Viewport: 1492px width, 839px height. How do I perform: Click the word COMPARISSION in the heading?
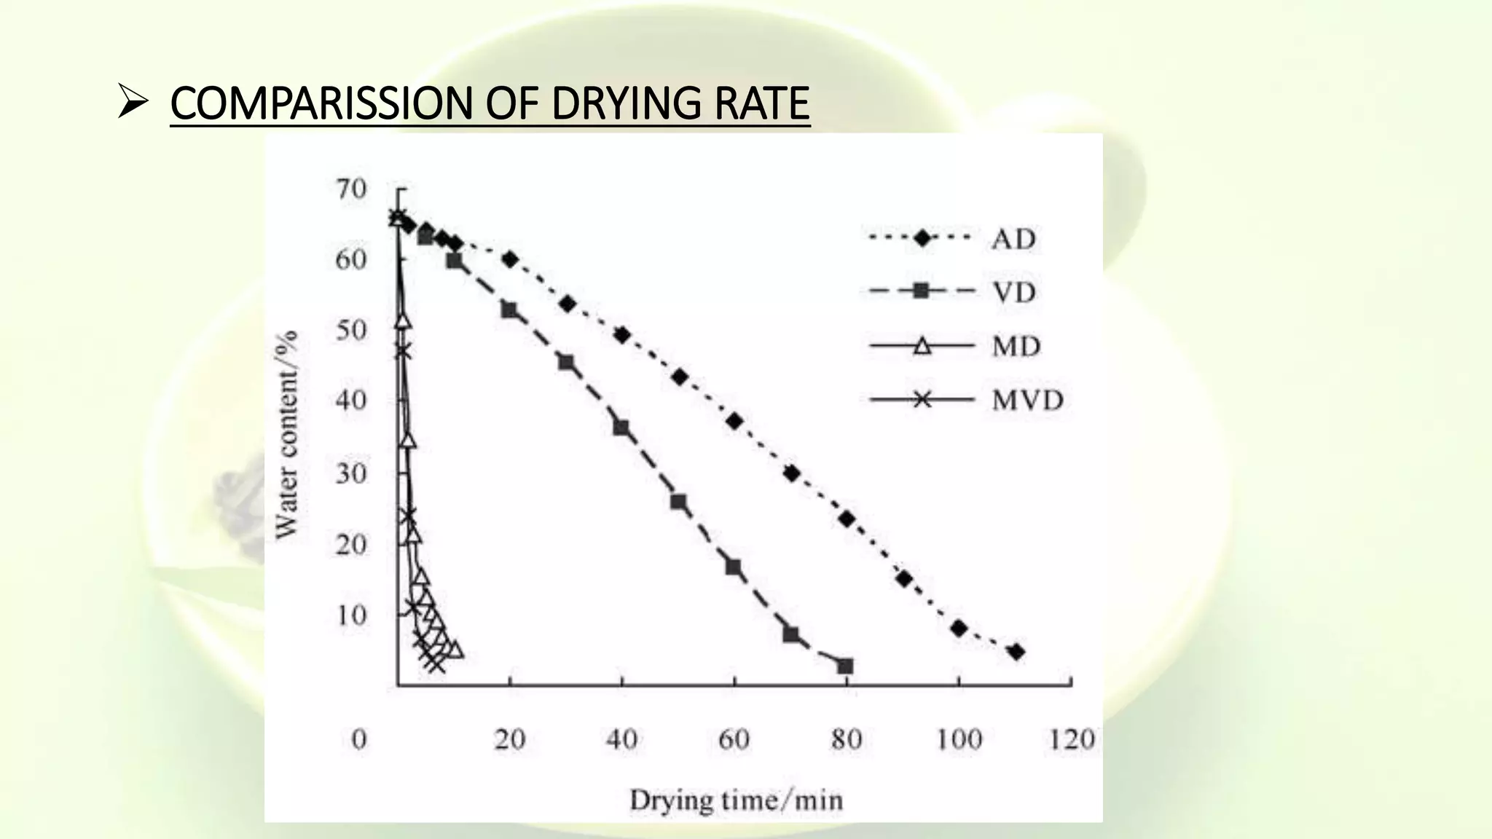point(321,103)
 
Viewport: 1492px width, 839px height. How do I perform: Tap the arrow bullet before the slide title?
point(133,104)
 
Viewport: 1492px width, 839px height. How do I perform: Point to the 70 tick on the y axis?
point(351,189)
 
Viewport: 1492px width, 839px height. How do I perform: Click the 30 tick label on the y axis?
point(351,474)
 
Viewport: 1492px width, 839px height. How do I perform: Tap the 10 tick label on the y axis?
point(351,615)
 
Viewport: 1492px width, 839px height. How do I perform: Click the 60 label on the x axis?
point(734,739)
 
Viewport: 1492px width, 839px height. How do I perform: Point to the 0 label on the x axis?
point(359,739)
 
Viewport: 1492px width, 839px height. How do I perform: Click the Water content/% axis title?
point(287,435)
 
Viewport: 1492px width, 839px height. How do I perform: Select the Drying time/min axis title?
point(736,800)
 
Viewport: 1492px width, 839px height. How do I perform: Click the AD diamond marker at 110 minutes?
point(1016,652)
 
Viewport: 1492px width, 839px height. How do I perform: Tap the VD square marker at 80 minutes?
point(845,666)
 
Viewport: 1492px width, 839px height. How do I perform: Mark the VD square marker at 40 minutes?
point(621,428)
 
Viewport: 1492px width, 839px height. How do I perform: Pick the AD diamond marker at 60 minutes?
point(734,421)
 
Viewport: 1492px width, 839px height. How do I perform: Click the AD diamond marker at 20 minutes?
point(510,259)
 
